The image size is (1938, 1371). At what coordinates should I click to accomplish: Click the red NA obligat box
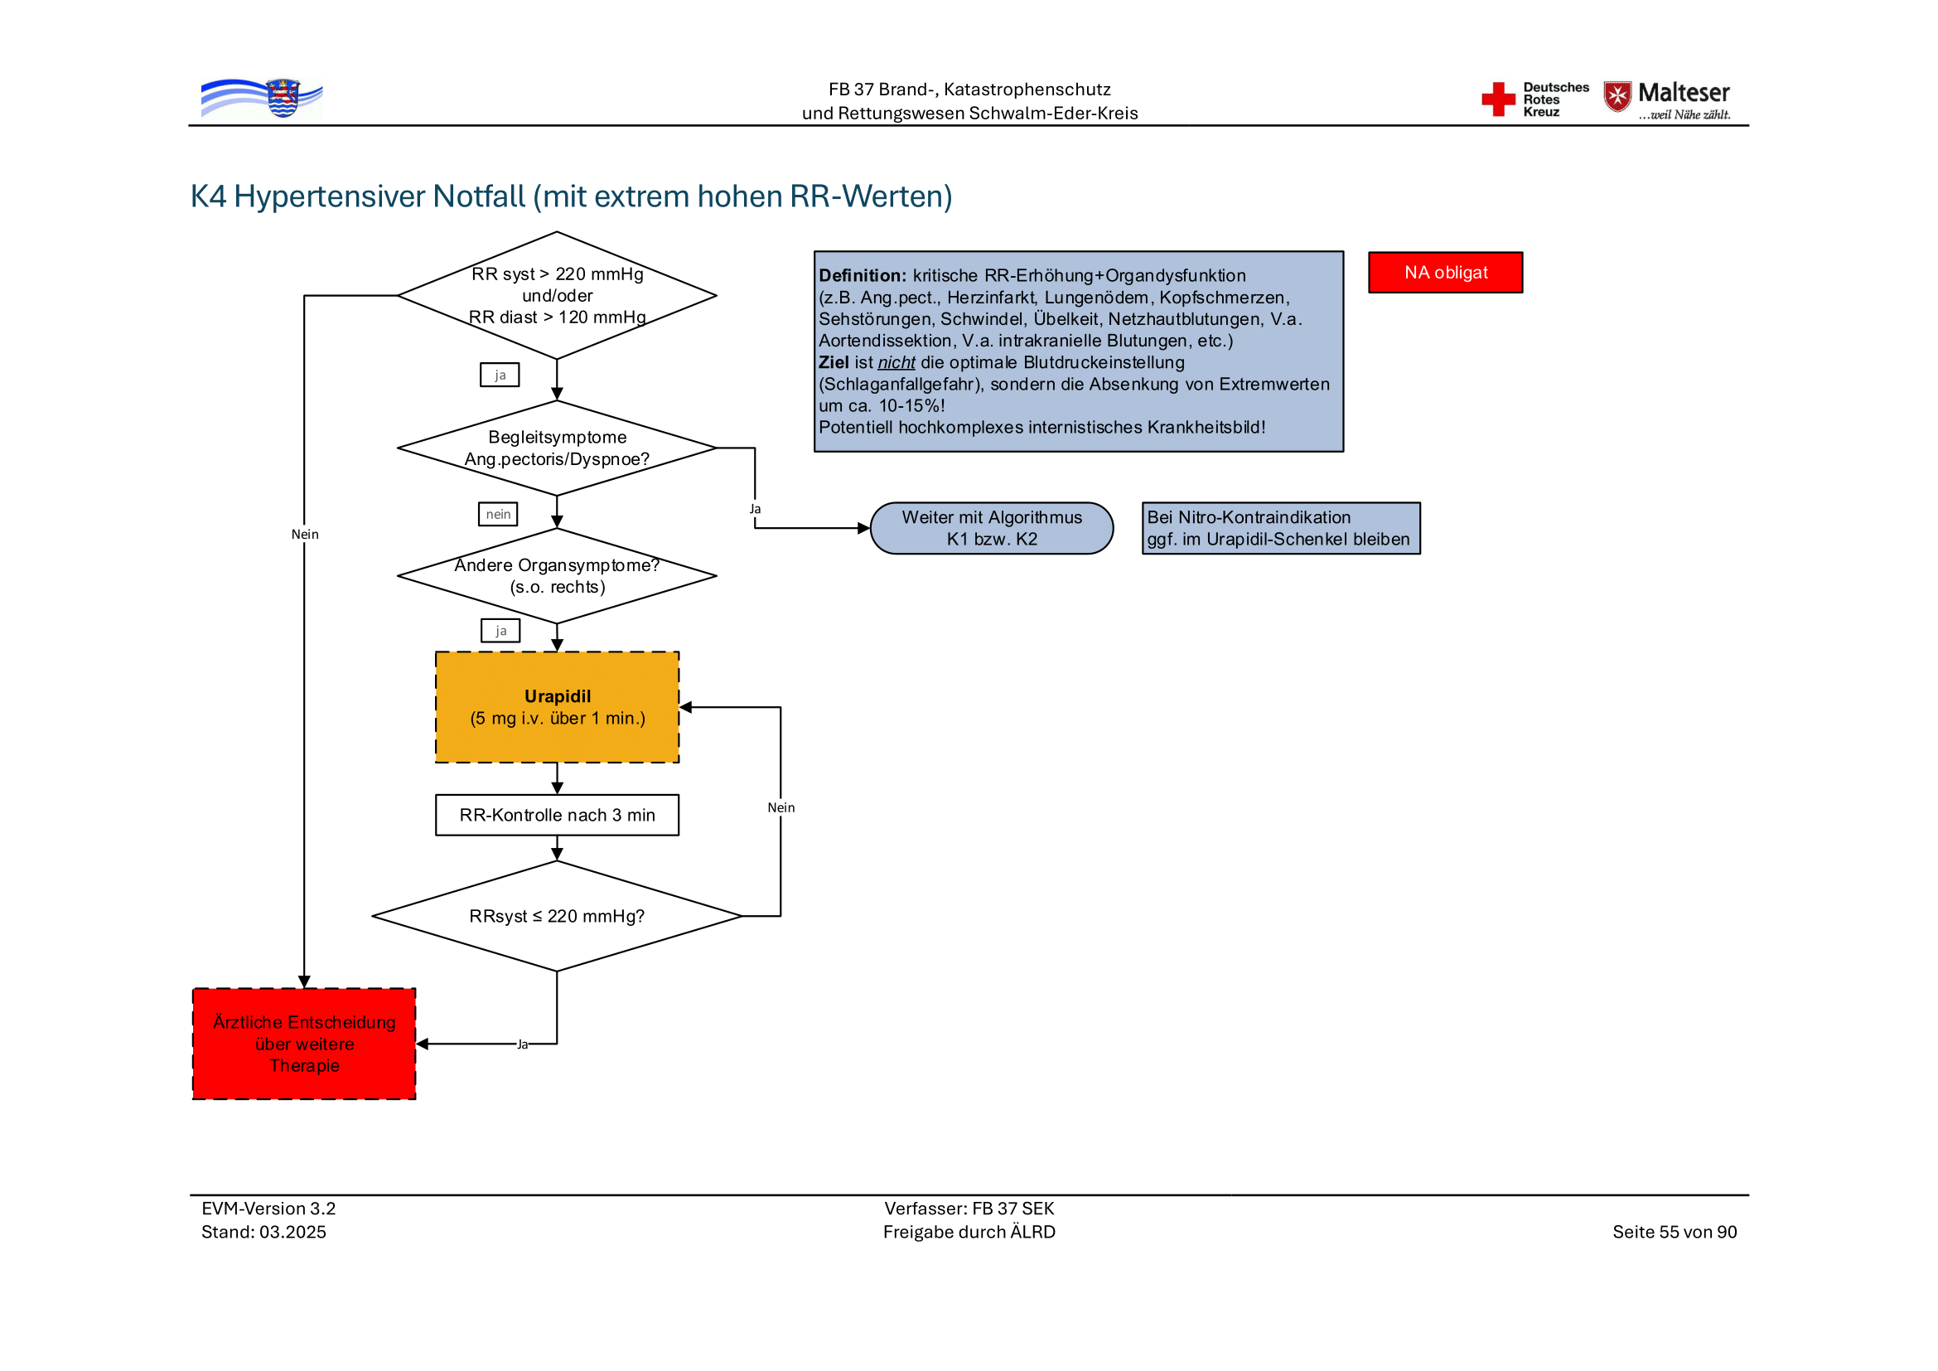[1444, 273]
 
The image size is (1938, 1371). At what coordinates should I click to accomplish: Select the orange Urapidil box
[557, 706]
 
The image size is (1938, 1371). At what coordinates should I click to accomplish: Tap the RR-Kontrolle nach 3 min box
[557, 815]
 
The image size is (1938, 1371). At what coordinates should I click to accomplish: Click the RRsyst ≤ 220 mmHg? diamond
[557, 916]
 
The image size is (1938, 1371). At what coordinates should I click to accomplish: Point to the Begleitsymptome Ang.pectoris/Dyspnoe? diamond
[557, 448]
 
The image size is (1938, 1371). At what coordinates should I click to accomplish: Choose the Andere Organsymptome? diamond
[557, 576]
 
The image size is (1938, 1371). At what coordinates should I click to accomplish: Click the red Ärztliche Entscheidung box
[304, 1044]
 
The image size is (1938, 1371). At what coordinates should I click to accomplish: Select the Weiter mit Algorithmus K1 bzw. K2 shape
[991, 529]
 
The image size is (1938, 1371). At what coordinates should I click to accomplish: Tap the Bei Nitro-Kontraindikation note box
[1280, 529]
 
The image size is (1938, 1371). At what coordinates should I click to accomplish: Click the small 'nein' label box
[498, 514]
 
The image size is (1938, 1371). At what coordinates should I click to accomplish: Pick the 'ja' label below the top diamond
[500, 375]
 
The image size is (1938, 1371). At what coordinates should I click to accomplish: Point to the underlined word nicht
[896, 363]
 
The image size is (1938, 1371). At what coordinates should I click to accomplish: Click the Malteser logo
[1666, 99]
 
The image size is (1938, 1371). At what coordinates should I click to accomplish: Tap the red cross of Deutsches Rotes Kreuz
[1498, 99]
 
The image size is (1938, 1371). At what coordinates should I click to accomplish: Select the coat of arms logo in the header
[282, 98]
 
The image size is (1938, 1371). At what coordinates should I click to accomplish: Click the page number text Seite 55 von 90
[1674, 1232]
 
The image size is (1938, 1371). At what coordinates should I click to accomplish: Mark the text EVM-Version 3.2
[268, 1208]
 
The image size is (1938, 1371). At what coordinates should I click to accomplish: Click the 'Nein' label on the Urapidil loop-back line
[781, 808]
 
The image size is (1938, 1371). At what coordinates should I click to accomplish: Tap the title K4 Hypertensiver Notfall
[571, 196]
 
